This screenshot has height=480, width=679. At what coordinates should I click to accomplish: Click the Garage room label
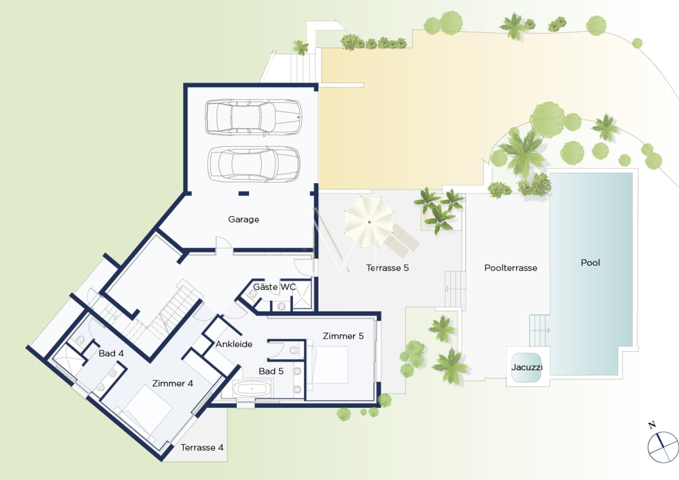243,219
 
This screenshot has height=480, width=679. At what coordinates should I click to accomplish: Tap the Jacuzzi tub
526,367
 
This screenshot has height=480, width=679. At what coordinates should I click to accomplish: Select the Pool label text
590,262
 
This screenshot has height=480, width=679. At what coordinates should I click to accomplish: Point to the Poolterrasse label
510,268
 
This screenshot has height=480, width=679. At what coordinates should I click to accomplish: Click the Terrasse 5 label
387,268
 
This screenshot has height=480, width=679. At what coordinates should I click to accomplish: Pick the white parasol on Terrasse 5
369,222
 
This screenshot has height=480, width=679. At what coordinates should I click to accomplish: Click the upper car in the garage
253,117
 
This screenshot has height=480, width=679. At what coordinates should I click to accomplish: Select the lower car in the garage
254,164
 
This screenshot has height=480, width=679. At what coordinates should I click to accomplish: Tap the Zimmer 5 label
343,336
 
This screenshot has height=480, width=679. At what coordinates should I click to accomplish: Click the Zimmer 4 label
173,383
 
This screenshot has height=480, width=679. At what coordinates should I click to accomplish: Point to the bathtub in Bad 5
252,389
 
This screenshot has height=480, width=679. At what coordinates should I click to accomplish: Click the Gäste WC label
274,287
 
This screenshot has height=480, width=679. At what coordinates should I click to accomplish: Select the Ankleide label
234,344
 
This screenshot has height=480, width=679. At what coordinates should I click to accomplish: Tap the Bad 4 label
111,353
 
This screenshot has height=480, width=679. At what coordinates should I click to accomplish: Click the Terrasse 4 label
202,448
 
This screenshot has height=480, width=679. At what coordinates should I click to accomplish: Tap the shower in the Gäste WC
302,295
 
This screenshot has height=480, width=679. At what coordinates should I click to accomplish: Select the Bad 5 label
271,371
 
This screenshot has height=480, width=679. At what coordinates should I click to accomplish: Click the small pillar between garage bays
244,193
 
